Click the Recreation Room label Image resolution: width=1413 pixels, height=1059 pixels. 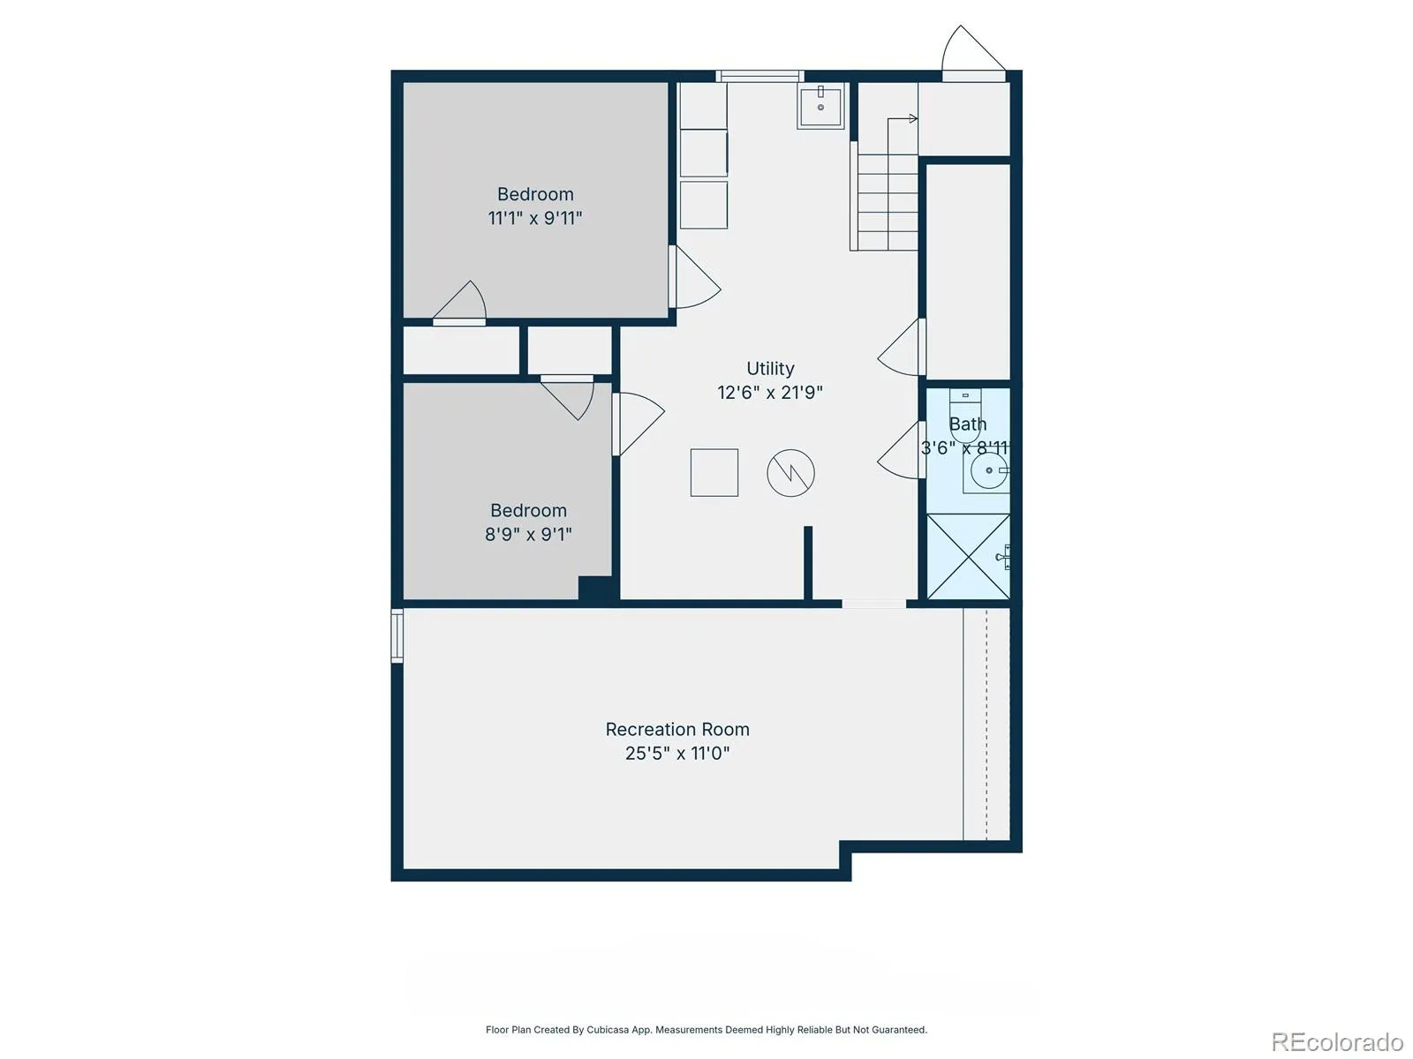[677, 729]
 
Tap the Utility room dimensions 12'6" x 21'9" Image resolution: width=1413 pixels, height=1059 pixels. [770, 392]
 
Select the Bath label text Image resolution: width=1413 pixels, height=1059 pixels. [968, 424]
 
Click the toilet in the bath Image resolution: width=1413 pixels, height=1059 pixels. [965, 416]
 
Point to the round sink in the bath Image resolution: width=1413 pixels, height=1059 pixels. [989, 470]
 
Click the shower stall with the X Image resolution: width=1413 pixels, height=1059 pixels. [968, 556]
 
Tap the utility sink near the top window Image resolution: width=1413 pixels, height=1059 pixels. [820, 107]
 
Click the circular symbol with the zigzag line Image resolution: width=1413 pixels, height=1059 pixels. [790, 473]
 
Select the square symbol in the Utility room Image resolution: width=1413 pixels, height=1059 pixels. [714, 473]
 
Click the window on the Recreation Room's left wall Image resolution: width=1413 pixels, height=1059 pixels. [397, 635]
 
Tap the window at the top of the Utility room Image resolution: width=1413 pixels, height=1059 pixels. [759, 77]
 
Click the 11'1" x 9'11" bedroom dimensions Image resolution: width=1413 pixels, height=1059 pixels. [535, 218]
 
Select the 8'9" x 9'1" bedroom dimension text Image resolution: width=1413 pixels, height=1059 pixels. [528, 534]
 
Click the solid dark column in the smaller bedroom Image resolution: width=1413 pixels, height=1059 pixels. [595, 588]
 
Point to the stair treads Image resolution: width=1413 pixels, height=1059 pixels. [887, 202]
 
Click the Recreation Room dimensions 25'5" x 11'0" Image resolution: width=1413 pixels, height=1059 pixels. [677, 753]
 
